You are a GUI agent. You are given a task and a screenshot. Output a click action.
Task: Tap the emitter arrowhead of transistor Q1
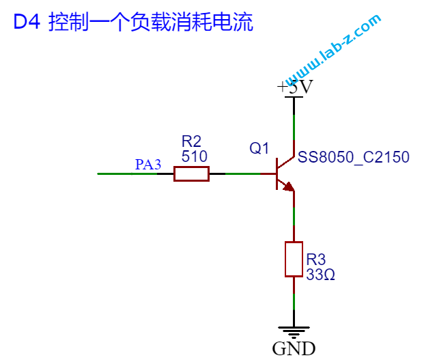pyautogui.click(x=289, y=186)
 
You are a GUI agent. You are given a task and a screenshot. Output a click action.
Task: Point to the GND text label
pyautogui.click(x=294, y=348)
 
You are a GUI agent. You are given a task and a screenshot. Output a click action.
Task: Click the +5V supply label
pyautogui.click(x=295, y=87)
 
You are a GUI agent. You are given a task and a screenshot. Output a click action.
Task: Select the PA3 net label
pyautogui.click(x=148, y=164)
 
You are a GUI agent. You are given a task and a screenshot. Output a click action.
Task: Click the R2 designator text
pyautogui.click(x=191, y=141)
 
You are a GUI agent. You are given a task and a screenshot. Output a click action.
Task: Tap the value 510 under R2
pyautogui.click(x=194, y=156)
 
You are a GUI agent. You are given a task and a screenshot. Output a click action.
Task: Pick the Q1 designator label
pyautogui.click(x=259, y=148)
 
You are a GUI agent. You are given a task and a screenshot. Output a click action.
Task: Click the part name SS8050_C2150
pyautogui.click(x=353, y=157)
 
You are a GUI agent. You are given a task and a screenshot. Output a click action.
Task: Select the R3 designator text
pyautogui.click(x=315, y=260)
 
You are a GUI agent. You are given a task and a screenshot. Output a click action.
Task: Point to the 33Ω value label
pyautogui.click(x=320, y=275)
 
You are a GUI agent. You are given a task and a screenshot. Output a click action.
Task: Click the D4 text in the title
pyautogui.click(x=27, y=22)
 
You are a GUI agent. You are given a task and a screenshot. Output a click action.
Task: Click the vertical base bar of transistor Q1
pyautogui.click(x=277, y=174)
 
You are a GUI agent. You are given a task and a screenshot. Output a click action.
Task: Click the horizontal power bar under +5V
pyautogui.click(x=294, y=97)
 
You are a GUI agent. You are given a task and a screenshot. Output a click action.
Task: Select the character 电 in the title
pyautogui.click(x=222, y=22)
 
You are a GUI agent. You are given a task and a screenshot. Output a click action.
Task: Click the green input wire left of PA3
pyautogui.click(x=127, y=174)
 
